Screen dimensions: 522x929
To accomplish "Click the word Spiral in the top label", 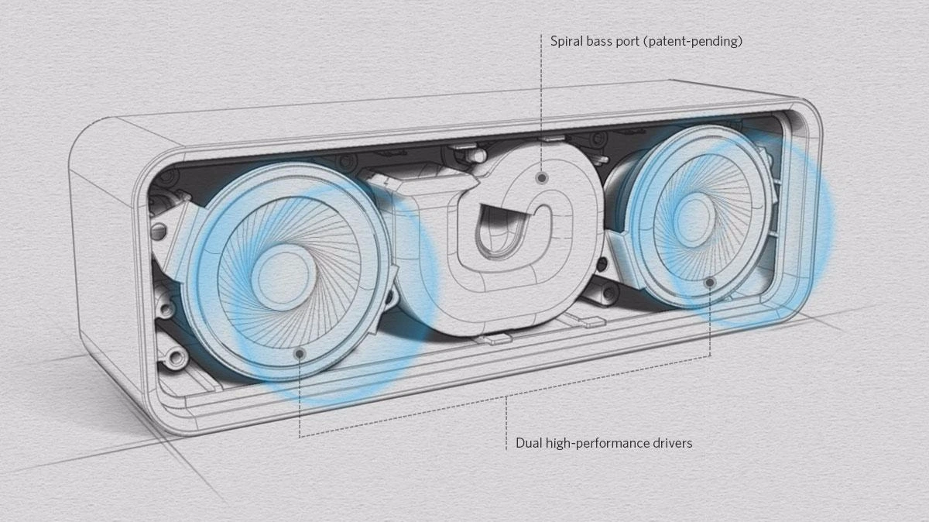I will tap(565, 41).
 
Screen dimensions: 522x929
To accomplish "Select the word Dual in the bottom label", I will tap(528, 443).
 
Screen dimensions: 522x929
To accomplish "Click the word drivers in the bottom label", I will tap(672, 443).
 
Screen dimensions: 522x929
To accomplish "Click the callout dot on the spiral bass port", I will tap(542, 177).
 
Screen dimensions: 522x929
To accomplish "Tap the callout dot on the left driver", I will tap(300, 353).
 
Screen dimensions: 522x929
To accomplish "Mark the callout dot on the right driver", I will tap(710, 282).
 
